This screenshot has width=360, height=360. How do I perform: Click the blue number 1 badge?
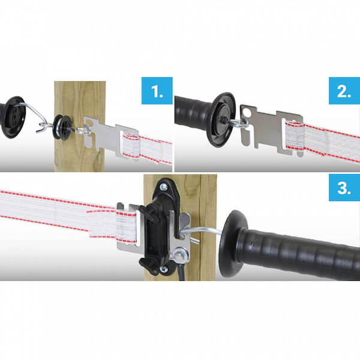pos(157,91)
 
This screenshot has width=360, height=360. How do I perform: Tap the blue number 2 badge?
pos(344,91)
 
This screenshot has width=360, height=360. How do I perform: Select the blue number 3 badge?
pos(344,188)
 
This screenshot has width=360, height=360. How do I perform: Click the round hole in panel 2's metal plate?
pos(248,113)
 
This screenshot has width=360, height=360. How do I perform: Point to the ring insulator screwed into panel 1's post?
pos(62,127)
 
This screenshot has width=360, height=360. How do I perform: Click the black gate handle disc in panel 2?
pos(221,119)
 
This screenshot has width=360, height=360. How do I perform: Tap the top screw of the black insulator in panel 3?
pos(163,187)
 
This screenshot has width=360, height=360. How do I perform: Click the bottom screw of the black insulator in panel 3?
pos(164,269)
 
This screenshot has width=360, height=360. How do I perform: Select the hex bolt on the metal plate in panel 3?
pos(179,255)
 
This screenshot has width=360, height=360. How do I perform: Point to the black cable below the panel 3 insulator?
pos(181,272)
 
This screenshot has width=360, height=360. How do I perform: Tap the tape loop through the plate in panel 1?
pos(130,146)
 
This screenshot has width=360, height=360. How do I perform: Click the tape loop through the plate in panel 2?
pos(295,135)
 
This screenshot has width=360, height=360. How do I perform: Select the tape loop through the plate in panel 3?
pos(126,227)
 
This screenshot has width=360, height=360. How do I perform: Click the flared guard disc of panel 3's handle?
pos(232,244)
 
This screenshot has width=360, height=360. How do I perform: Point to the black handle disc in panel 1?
pos(13,117)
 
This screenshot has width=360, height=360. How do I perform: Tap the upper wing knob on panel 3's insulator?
pos(149,213)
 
